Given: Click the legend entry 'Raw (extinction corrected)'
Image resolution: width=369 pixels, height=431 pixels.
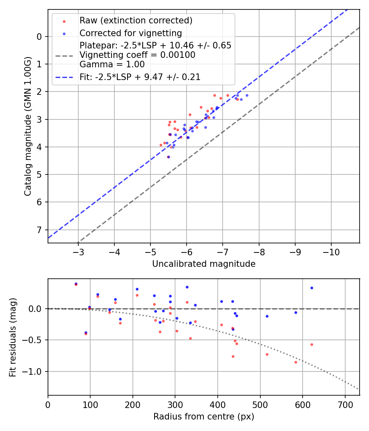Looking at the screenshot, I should tap(136, 21).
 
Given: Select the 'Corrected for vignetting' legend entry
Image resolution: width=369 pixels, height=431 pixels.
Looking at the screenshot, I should tap(130, 33).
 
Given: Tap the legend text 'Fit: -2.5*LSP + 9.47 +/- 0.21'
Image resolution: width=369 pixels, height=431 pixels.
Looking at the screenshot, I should tap(140, 77).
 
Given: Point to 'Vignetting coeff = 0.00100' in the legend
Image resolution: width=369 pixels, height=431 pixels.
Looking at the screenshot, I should tap(137, 55).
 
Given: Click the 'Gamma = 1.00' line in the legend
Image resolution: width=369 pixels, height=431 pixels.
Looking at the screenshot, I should tap(112, 64).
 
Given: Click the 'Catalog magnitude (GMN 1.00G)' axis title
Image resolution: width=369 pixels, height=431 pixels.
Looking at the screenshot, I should tap(27, 126).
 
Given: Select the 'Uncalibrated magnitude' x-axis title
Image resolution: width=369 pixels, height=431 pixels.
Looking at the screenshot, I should tap(204, 264).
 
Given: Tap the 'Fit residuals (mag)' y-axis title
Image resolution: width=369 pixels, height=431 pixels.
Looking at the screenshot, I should tap(13, 337).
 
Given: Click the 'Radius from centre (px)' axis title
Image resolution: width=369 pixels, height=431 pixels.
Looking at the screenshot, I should tap(204, 417).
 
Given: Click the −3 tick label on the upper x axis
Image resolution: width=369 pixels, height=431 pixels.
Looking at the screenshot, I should tap(78, 252).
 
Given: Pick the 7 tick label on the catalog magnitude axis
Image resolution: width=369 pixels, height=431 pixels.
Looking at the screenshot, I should tap(39, 229).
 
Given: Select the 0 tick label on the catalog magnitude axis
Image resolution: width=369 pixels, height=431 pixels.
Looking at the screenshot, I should tap(39, 37).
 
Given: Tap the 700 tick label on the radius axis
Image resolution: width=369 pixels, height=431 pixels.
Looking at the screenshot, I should tap(345, 404).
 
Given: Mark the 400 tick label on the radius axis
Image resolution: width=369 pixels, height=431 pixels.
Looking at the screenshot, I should tap(218, 404).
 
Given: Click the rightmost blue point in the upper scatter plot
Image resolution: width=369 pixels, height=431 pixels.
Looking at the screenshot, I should tap(247, 95).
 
